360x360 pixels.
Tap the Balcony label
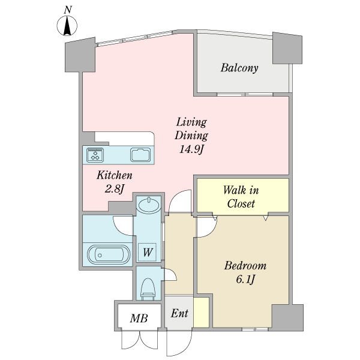(x=239, y=68)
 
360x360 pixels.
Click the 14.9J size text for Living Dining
(x=191, y=149)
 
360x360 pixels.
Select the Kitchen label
(x=115, y=175)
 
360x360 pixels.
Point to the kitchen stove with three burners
(x=95, y=155)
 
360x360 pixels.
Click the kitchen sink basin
(x=141, y=155)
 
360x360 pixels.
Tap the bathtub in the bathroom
(x=109, y=255)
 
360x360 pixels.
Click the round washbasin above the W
(x=148, y=204)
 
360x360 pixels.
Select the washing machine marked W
(x=147, y=252)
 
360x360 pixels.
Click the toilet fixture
(x=148, y=289)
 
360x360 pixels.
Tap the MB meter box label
(x=139, y=319)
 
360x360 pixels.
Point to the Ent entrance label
(x=179, y=313)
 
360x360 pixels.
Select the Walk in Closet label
(x=241, y=197)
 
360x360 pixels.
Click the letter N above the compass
(x=68, y=10)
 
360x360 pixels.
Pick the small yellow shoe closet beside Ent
(x=201, y=312)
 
